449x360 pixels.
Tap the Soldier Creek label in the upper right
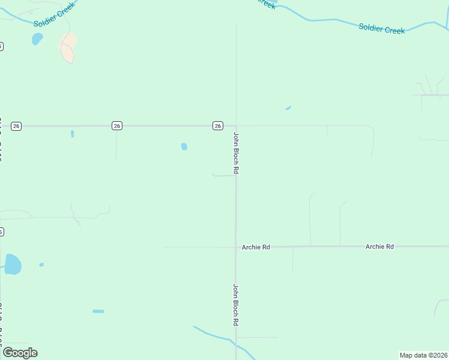coord(382,28)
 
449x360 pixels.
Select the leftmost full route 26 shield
coord(16,126)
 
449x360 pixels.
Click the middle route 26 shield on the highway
coord(117,125)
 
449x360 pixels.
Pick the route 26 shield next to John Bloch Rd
coord(218,125)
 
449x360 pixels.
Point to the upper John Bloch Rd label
coord(237,153)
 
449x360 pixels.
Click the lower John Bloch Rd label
coord(237,304)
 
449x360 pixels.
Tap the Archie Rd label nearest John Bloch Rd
coord(256,247)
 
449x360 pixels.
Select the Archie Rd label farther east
coord(379,247)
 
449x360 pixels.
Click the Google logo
coord(20,353)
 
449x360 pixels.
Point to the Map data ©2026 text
coord(423,355)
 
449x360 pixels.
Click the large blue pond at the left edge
coord(13,264)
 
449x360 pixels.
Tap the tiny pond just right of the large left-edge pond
coord(41,265)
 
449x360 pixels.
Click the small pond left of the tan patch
coord(37,39)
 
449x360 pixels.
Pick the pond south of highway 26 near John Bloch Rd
coord(184,146)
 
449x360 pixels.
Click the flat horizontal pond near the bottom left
coord(98,311)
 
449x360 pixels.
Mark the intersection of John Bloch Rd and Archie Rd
coord(236,247)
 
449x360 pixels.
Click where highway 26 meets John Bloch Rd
coord(236,126)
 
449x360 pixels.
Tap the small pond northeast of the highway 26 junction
coord(288,109)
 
